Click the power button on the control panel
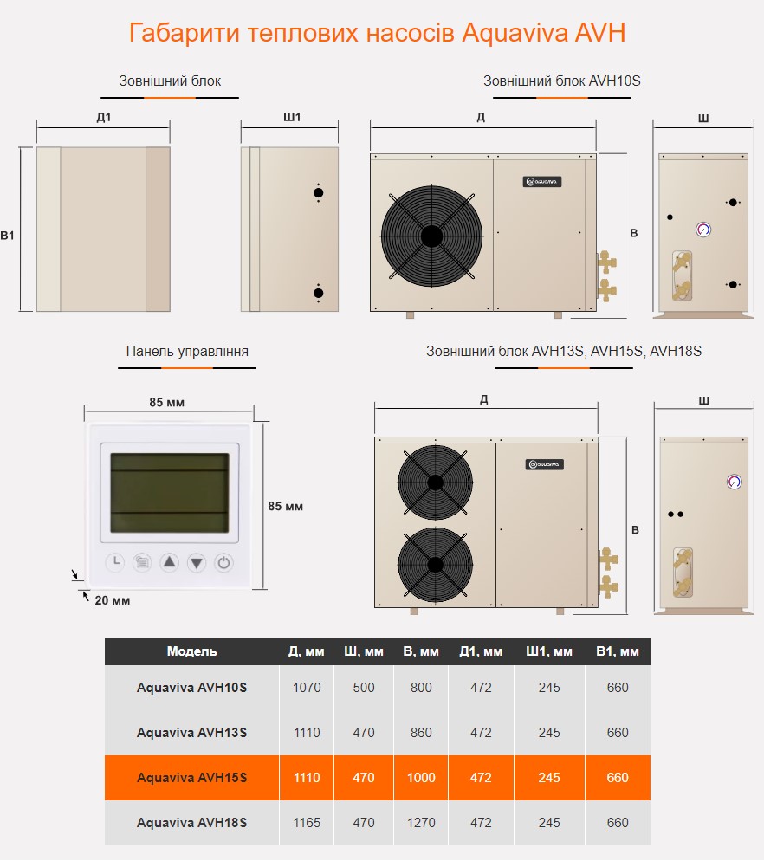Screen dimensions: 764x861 pos(223,563)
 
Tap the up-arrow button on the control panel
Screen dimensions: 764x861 pos(169,562)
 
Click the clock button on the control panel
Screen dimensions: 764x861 pos(115,562)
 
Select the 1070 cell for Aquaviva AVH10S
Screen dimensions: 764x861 pos(307,688)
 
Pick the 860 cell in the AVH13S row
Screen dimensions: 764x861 pos(421,733)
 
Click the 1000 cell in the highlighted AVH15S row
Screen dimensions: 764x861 pos(421,778)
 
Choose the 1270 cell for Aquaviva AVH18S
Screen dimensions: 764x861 pos(421,823)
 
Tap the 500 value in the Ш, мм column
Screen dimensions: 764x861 pos(364,688)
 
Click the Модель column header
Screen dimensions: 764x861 pos(191,651)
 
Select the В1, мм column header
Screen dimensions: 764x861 pos(618,651)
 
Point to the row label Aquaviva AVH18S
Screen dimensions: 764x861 pos(191,823)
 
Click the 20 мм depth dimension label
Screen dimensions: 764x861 pos(113,601)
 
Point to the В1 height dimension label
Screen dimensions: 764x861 pos(7,236)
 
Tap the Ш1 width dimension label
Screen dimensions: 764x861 pos(292,117)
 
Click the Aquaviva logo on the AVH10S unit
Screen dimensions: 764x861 pos(542,182)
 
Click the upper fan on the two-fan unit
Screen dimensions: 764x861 pos(436,482)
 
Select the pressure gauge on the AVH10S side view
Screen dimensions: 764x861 pos(703,230)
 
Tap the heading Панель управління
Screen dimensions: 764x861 pos(187,352)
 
